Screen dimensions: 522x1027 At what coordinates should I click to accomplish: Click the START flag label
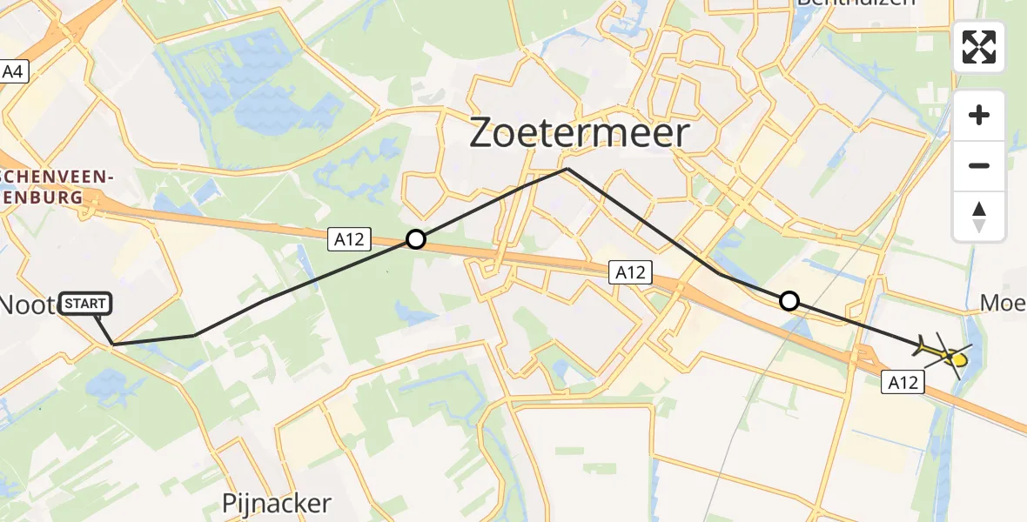[85, 304]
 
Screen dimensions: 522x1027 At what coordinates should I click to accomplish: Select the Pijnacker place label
[276, 503]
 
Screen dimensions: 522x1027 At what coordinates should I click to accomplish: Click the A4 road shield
[13, 71]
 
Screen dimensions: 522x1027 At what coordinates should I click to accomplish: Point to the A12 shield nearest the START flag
[350, 239]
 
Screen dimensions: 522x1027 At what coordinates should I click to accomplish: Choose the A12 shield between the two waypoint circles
[629, 272]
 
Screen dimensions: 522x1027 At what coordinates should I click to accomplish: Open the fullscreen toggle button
[979, 47]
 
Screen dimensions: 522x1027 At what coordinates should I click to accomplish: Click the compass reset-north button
[979, 217]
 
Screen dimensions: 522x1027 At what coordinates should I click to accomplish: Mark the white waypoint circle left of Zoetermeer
[416, 239]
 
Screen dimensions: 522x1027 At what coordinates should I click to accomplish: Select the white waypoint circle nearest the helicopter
[789, 301]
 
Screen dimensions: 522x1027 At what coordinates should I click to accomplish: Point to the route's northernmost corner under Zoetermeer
[567, 168]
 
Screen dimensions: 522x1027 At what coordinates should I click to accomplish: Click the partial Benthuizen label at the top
[856, 3]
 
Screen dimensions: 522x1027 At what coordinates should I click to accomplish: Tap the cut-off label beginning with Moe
[1002, 303]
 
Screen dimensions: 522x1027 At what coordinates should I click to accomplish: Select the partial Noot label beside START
[29, 304]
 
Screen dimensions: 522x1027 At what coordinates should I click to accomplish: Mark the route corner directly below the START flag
[113, 345]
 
